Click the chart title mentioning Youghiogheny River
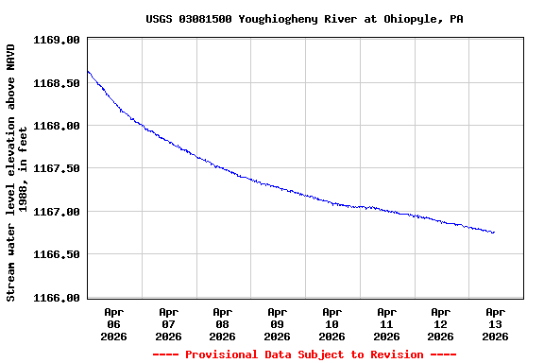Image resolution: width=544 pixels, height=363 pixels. click(304, 19)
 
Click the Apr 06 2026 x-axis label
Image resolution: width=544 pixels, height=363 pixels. click(114, 323)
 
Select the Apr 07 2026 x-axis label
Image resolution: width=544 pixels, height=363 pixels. click(168, 323)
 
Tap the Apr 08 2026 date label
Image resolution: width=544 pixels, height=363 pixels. click(223, 323)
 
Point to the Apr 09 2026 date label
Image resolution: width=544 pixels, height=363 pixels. click(278, 323)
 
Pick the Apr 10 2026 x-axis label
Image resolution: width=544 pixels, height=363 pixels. click(331, 323)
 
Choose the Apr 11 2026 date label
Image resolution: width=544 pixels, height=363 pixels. click(386, 323)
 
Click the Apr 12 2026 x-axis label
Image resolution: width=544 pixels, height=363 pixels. click(440, 323)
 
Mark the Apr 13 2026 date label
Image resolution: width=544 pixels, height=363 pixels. click(495, 323)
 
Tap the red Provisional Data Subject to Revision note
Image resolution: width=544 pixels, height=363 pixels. click(304, 354)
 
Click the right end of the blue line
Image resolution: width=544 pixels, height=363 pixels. click(494, 233)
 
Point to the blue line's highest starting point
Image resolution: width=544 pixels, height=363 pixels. click(88, 71)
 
